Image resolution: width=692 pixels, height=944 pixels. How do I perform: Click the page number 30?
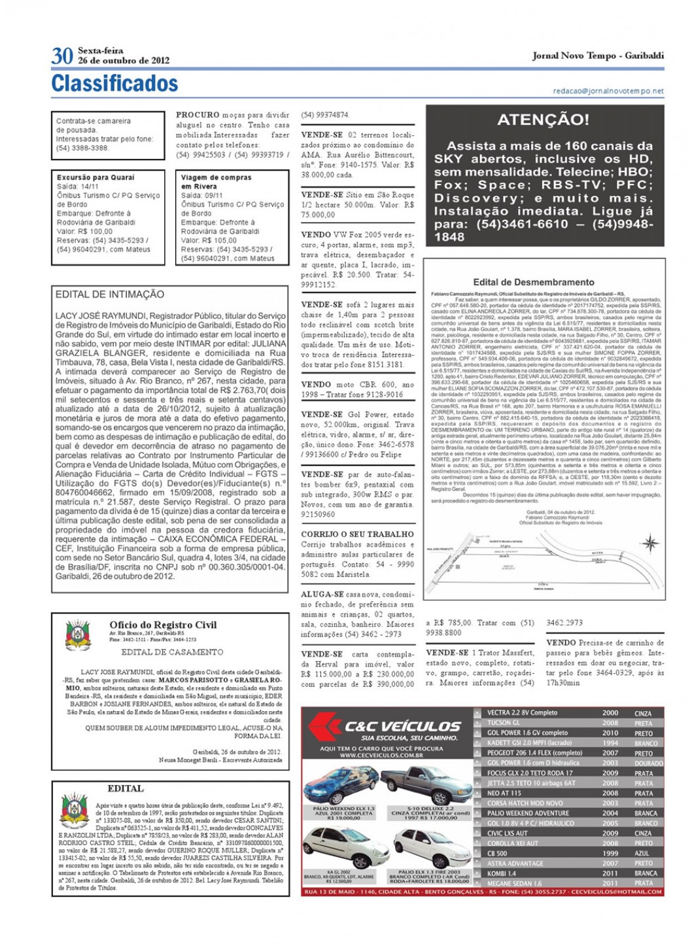click(62, 56)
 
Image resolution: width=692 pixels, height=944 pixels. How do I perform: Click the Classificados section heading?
click(114, 84)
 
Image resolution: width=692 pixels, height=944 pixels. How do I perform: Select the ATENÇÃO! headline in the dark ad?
click(543, 120)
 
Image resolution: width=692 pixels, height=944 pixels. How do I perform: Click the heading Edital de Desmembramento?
click(533, 283)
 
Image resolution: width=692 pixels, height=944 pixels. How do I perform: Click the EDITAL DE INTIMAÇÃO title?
click(110, 295)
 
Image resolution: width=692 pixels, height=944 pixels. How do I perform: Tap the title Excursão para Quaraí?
click(95, 177)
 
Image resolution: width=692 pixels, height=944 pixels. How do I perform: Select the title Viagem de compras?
click(216, 177)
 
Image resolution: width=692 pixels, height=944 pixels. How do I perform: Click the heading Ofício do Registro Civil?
click(163, 625)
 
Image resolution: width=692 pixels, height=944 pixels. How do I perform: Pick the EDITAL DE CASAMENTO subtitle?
click(172, 652)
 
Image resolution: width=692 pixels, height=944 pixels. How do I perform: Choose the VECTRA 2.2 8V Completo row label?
click(522, 713)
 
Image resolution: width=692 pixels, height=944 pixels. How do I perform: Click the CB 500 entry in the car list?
click(497, 854)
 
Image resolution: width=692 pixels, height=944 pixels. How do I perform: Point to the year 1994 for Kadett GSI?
click(610, 743)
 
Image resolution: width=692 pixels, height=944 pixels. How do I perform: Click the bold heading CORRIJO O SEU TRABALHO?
click(358, 534)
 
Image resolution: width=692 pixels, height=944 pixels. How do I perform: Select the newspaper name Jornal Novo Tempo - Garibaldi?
click(598, 56)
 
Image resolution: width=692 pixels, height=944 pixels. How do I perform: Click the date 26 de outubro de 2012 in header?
click(124, 61)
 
